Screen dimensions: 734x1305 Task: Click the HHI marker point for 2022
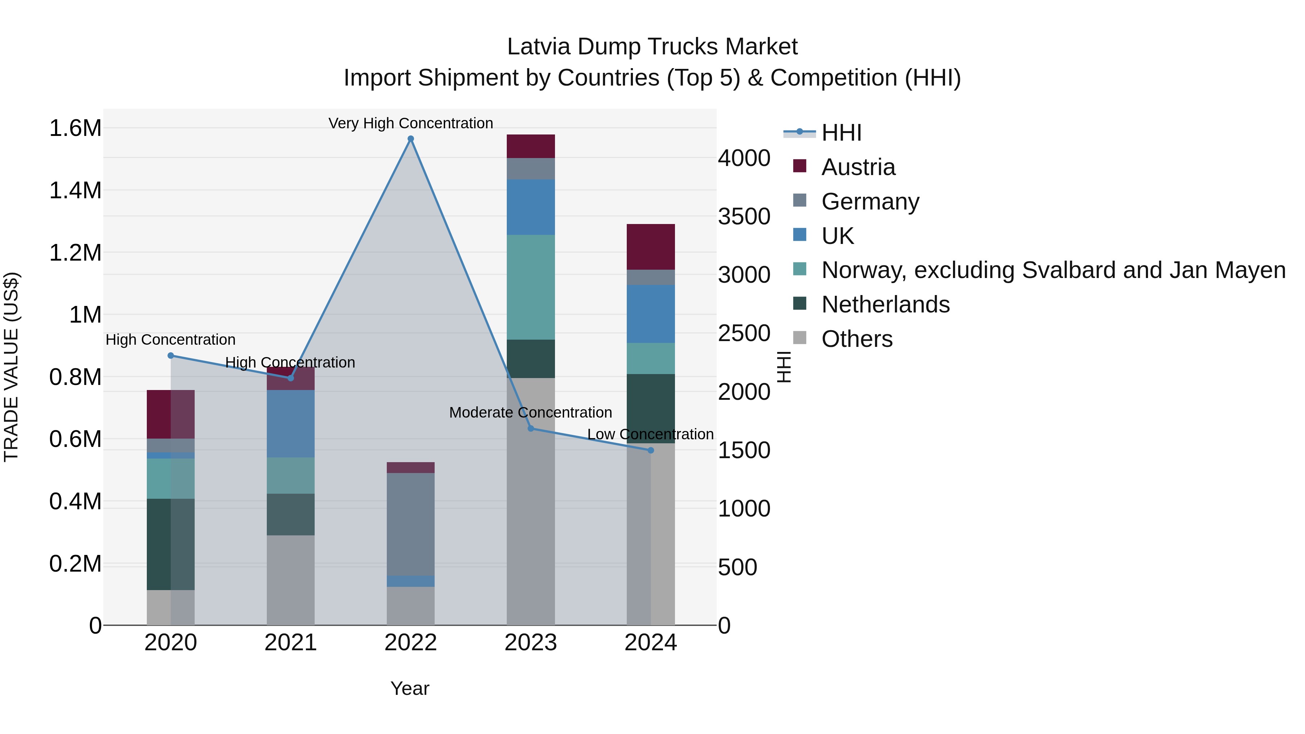tap(411, 139)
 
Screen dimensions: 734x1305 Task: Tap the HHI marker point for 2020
tap(171, 356)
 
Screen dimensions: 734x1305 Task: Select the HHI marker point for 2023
tap(531, 428)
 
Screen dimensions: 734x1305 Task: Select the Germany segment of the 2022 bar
tap(410, 524)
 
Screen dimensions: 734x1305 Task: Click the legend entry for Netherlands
tap(885, 304)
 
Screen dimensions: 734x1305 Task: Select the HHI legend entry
tap(841, 133)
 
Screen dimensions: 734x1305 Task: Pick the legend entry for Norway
tap(1053, 270)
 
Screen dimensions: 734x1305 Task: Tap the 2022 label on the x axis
tap(410, 643)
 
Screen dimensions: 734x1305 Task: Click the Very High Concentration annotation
tap(410, 123)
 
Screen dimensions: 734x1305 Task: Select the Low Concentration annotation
tap(650, 434)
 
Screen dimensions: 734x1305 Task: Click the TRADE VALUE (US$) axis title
tap(11, 367)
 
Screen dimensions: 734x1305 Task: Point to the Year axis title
tap(410, 688)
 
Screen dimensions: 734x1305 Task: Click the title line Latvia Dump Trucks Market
tap(652, 47)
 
